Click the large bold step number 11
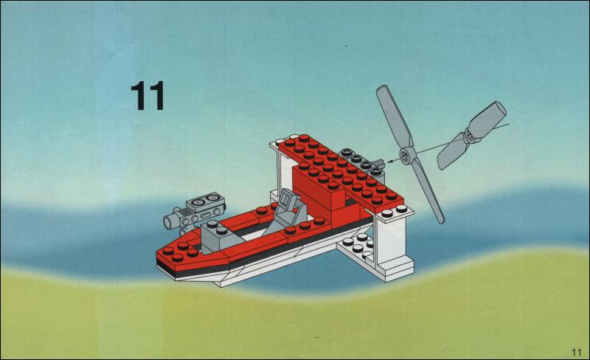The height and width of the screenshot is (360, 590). [x=147, y=96]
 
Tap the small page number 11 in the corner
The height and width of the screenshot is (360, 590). [x=576, y=352]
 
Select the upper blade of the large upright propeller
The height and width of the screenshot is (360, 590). [x=395, y=116]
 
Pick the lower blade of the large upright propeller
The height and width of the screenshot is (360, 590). [x=429, y=191]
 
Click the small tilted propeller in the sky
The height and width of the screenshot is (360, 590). [x=472, y=135]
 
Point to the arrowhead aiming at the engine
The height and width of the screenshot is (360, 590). [x=390, y=161]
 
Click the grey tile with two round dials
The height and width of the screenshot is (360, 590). [x=206, y=203]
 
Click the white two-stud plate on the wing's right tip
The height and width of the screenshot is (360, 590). [x=395, y=212]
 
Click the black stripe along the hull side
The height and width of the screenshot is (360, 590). [x=263, y=255]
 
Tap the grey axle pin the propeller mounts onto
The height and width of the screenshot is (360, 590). [x=379, y=164]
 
